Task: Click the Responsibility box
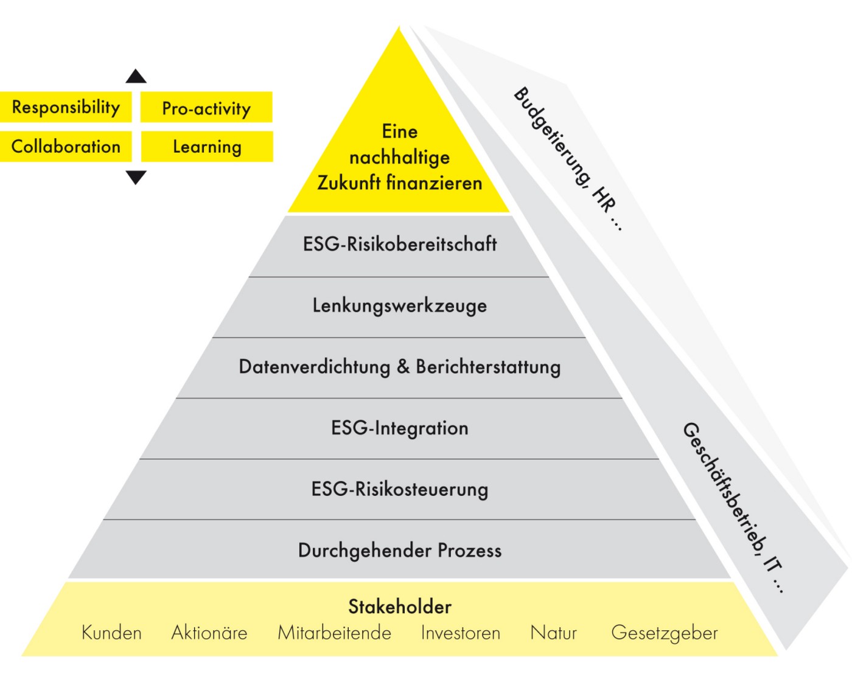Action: click(66, 108)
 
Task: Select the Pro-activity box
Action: click(206, 108)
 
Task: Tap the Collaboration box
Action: click(66, 147)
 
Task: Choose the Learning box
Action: click(207, 147)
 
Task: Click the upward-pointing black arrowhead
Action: click(136, 77)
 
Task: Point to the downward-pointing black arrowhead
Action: click(136, 177)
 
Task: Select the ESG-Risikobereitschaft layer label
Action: click(400, 245)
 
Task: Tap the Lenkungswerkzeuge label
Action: click(400, 305)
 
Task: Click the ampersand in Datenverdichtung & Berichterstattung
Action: click(403, 367)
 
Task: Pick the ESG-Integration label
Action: click(400, 428)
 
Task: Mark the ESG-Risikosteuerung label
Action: click(400, 490)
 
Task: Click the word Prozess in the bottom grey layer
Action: click(470, 551)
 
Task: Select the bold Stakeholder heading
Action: click(400, 607)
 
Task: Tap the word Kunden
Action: click(111, 633)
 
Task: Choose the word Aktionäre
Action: click(209, 633)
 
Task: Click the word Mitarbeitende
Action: click(334, 633)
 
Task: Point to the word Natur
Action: click(553, 633)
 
